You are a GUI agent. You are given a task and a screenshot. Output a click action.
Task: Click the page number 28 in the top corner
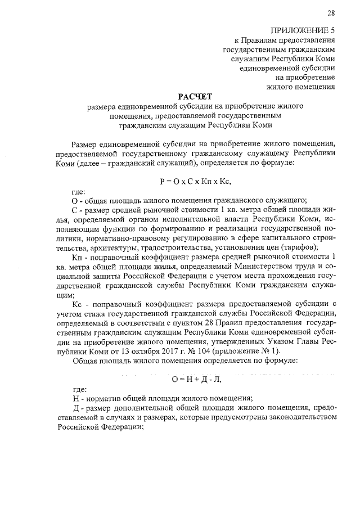tap(331, 13)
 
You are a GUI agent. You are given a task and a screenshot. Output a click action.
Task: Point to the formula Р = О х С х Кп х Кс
tap(195, 181)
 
